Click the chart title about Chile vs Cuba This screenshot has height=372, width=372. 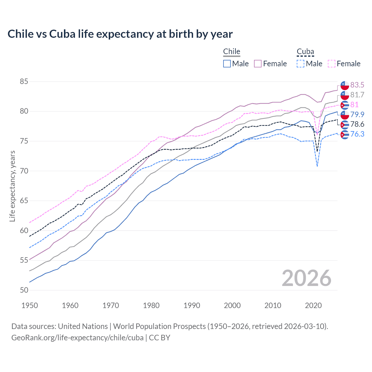120,34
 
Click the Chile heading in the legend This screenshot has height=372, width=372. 232,51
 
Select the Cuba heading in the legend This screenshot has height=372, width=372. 305,51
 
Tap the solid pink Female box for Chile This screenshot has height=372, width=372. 258,64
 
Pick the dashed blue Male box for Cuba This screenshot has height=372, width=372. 301,64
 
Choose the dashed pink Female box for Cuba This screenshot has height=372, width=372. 332,64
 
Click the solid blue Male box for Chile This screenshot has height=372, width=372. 227,64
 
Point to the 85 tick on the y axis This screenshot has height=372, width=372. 24,82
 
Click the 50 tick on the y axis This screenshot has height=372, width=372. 24,290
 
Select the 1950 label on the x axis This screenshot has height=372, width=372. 30,305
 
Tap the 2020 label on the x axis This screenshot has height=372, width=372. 313,305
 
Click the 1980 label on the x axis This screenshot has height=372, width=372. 151,305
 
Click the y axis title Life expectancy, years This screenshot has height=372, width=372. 12,186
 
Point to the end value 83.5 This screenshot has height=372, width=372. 357,85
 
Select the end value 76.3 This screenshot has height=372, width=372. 357,134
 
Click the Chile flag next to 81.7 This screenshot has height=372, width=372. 345,95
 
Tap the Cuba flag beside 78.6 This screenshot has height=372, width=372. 345,125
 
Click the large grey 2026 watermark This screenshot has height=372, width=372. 306,278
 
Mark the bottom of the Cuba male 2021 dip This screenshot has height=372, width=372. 317,166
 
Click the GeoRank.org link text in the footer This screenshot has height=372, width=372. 77,338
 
